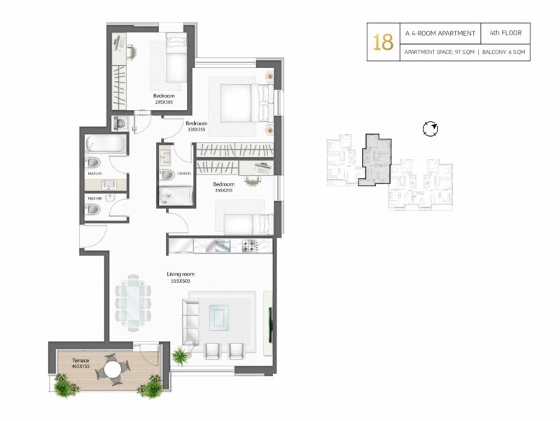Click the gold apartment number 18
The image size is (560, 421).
click(x=383, y=42)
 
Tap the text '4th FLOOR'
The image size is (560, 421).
click(x=505, y=33)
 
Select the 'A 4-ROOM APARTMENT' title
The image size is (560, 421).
click(x=440, y=33)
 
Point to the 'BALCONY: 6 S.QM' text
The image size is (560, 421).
click(x=503, y=52)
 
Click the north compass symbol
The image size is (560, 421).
click(x=430, y=129)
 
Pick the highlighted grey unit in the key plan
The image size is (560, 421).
click(x=376, y=160)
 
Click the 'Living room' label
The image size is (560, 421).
click(x=181, y=274)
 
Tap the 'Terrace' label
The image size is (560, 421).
click(x=80, y=360)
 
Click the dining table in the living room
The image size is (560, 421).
click(x=133, y=303)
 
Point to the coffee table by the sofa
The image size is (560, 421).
click(x=219, y=317)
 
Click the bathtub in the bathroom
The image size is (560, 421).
click(x=106, y=144)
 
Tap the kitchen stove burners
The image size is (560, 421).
click(x=250, y=245)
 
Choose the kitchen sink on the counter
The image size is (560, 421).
click(x=222, y=245)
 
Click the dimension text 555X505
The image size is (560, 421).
click(x=181, y=282)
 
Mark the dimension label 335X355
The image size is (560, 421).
click(x=197, y=130)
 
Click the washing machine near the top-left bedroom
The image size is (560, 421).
click(x=120, y=123)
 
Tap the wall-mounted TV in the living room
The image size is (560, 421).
click(x=270, y=324)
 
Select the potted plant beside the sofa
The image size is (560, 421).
click(x=181, y=356)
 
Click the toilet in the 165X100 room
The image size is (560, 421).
click(x=94, y=209)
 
